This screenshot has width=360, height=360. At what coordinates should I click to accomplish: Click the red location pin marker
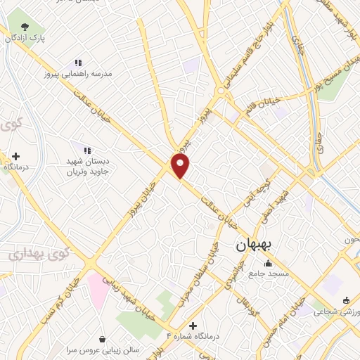[x=181, y=166]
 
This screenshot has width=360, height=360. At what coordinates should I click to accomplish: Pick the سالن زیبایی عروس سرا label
[x=102, y=349]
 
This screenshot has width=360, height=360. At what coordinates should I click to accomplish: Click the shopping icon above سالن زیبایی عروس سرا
[x=103, y=338]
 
